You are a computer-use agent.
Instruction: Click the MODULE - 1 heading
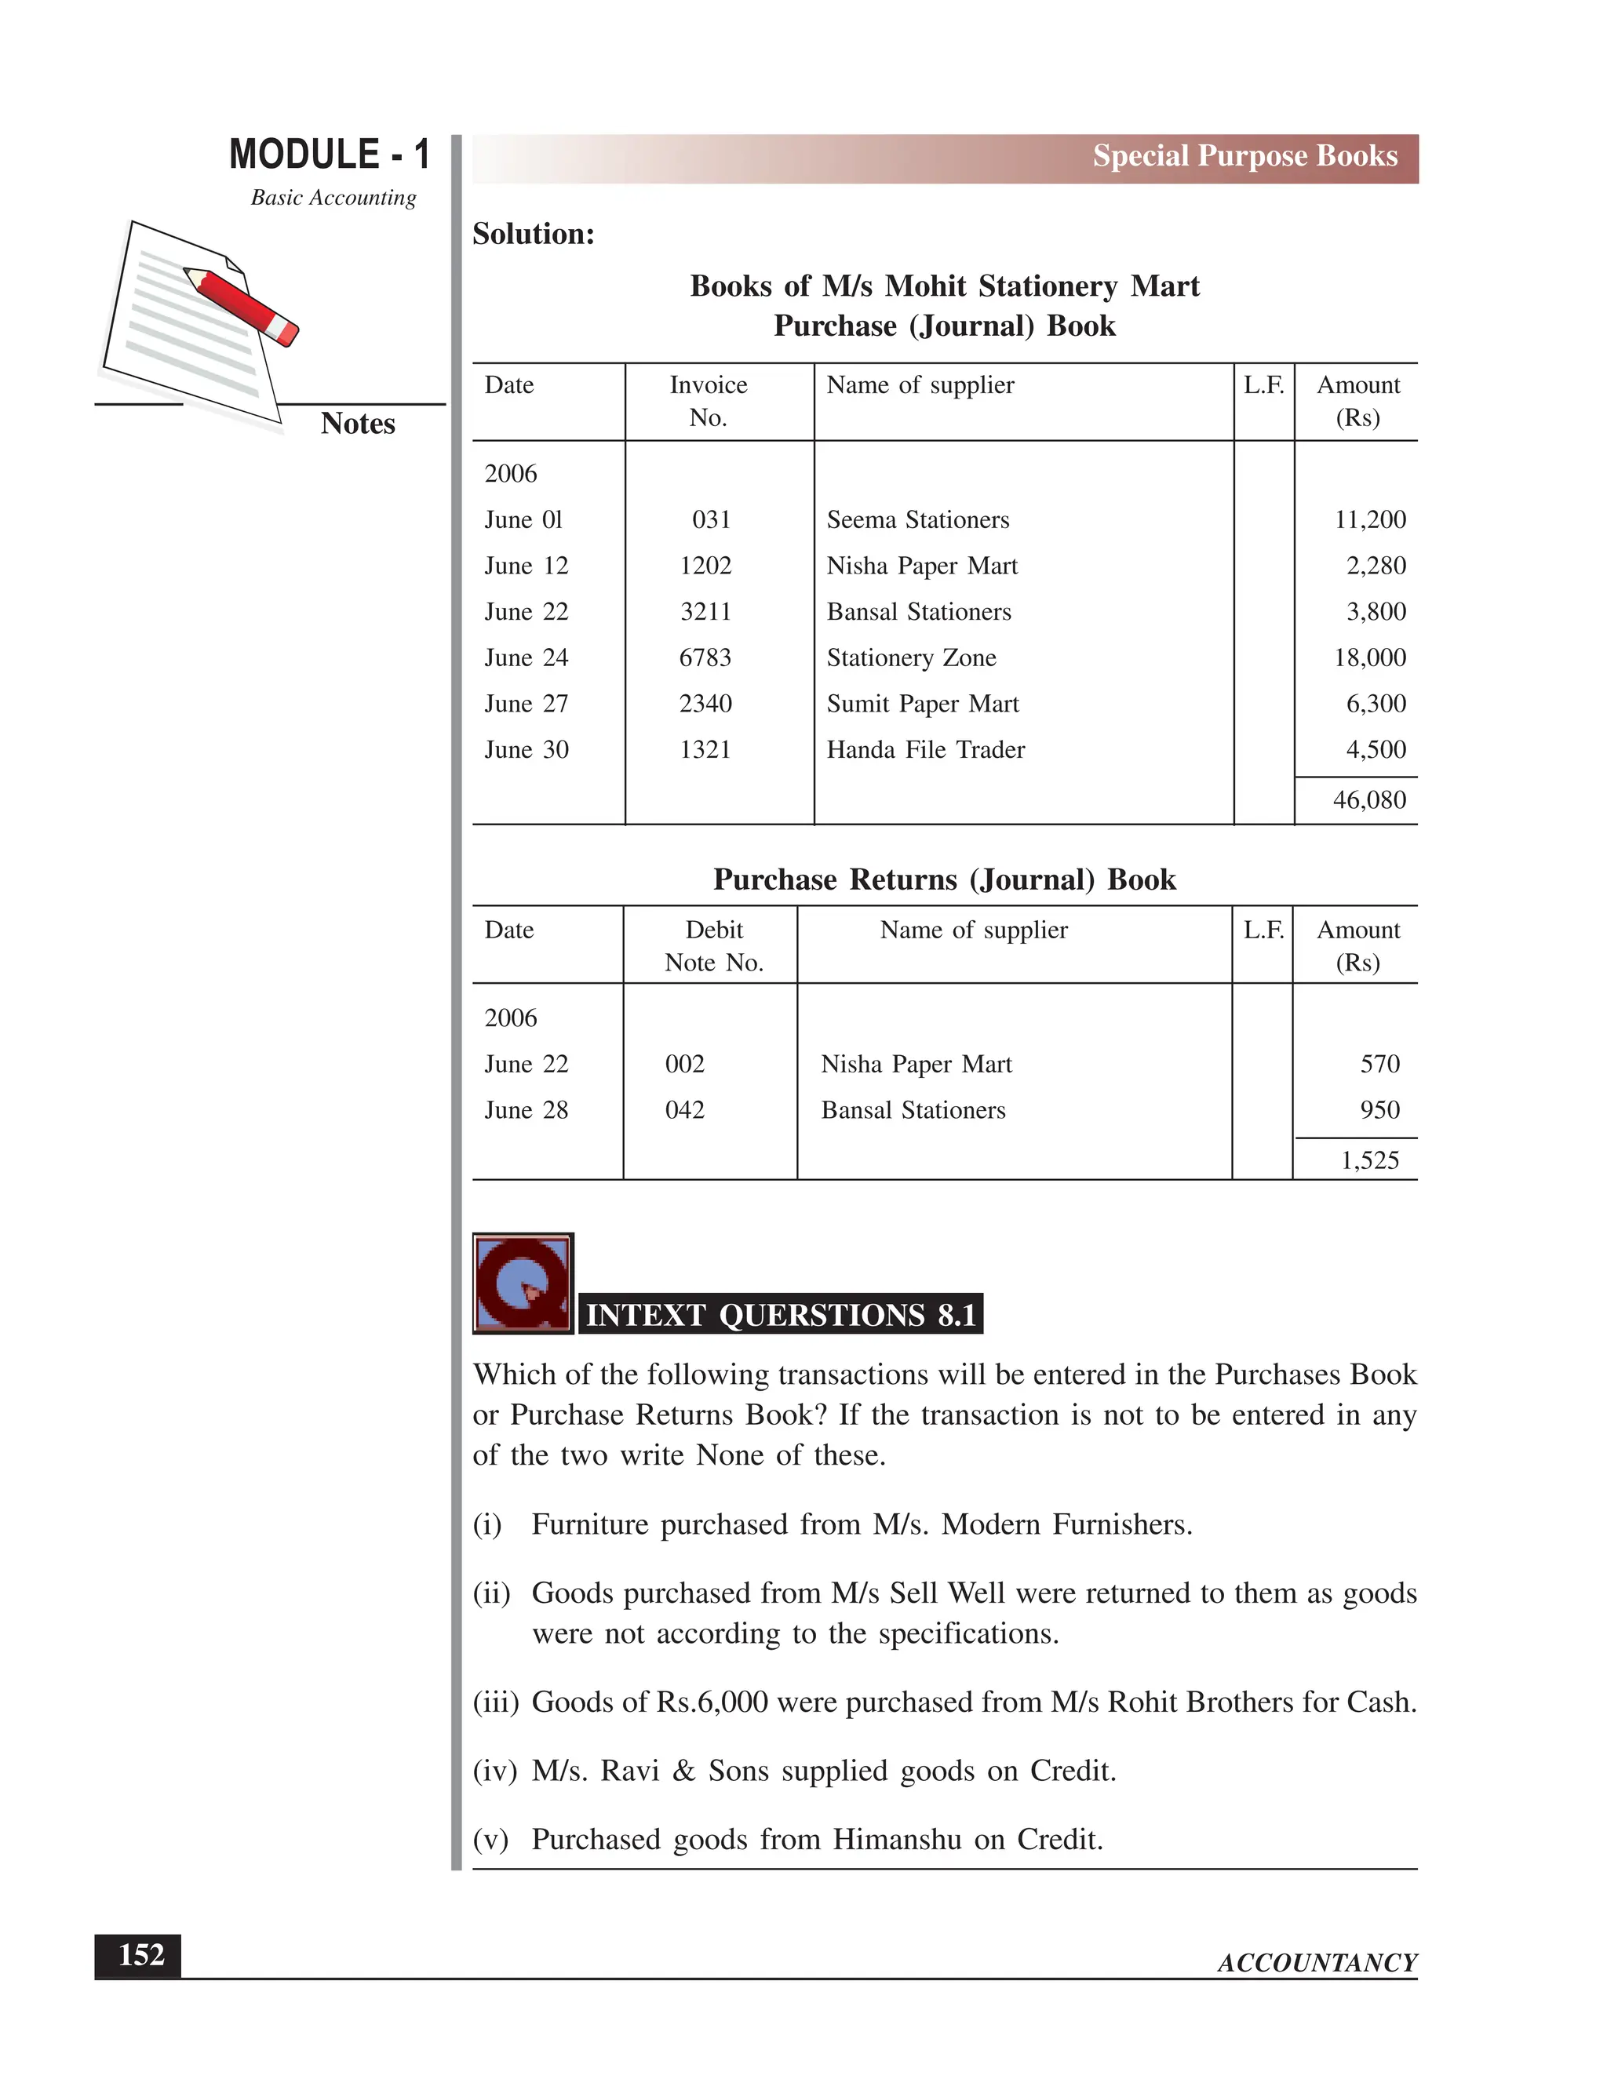point(330,155)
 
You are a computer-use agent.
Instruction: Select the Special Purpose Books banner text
point(1244,156)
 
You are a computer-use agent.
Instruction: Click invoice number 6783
point(705,657)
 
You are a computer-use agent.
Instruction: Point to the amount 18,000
point(1369,657)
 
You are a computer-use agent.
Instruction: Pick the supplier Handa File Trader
point(925,750)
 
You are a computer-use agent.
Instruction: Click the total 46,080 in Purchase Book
point(1369,799)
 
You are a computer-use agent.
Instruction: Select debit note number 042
point(684,1110)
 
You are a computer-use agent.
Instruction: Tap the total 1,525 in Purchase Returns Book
point(1369,1160)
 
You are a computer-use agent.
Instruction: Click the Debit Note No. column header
point(714,946)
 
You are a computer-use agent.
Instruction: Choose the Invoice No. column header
point(709,401)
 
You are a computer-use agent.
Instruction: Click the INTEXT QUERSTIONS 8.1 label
point(781,1315)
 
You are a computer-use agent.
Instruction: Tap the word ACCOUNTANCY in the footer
point(1317,1963)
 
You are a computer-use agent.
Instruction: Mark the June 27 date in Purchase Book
point(526,705)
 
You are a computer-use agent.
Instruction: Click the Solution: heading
point(533,234)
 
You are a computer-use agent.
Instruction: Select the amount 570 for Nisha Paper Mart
point(1379,1065)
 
